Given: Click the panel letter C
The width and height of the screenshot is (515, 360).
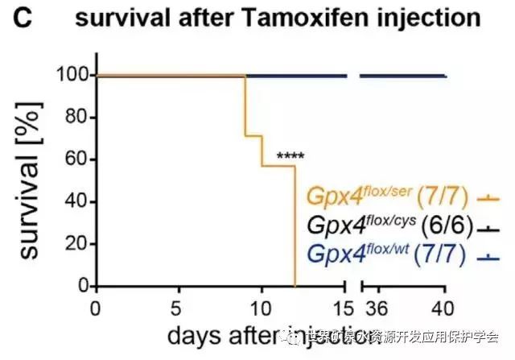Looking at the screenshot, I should click(23, 18).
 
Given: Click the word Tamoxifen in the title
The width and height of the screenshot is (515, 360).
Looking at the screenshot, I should click(276, 18).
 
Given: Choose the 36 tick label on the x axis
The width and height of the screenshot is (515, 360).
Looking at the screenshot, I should click(375, 308).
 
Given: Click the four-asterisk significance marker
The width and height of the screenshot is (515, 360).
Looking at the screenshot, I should click(291, 156).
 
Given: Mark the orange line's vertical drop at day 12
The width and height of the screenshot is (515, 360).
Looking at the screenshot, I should click(295, 226).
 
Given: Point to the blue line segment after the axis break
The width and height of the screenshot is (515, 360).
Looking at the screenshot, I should click(402, 76).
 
